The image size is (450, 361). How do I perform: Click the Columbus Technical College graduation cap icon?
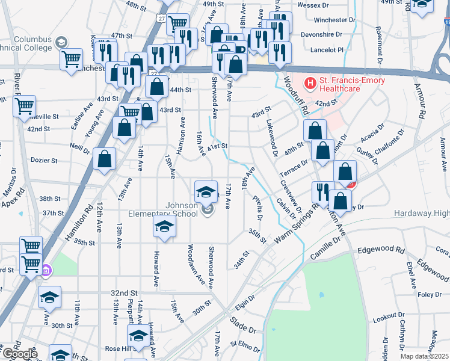(60, 42)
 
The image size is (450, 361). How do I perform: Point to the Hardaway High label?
(421, 214)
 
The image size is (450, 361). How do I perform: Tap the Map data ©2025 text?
(424, 356)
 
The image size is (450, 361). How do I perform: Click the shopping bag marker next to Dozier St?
(105, 159)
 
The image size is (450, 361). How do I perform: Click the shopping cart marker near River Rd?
(24, 107)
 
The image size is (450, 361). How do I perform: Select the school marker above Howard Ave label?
(163, 227)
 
